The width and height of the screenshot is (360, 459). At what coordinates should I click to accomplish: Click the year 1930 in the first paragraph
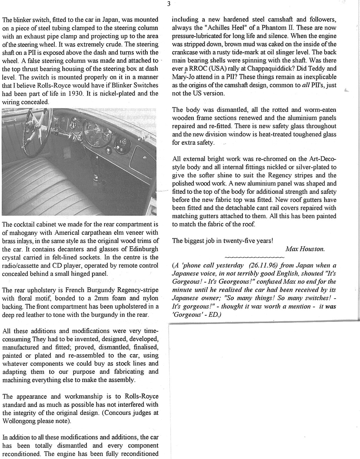(x=76, y=94)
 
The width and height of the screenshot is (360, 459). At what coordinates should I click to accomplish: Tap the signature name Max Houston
(x=305, y=249)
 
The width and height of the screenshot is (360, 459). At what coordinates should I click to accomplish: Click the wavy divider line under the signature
(x=255, y=257)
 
